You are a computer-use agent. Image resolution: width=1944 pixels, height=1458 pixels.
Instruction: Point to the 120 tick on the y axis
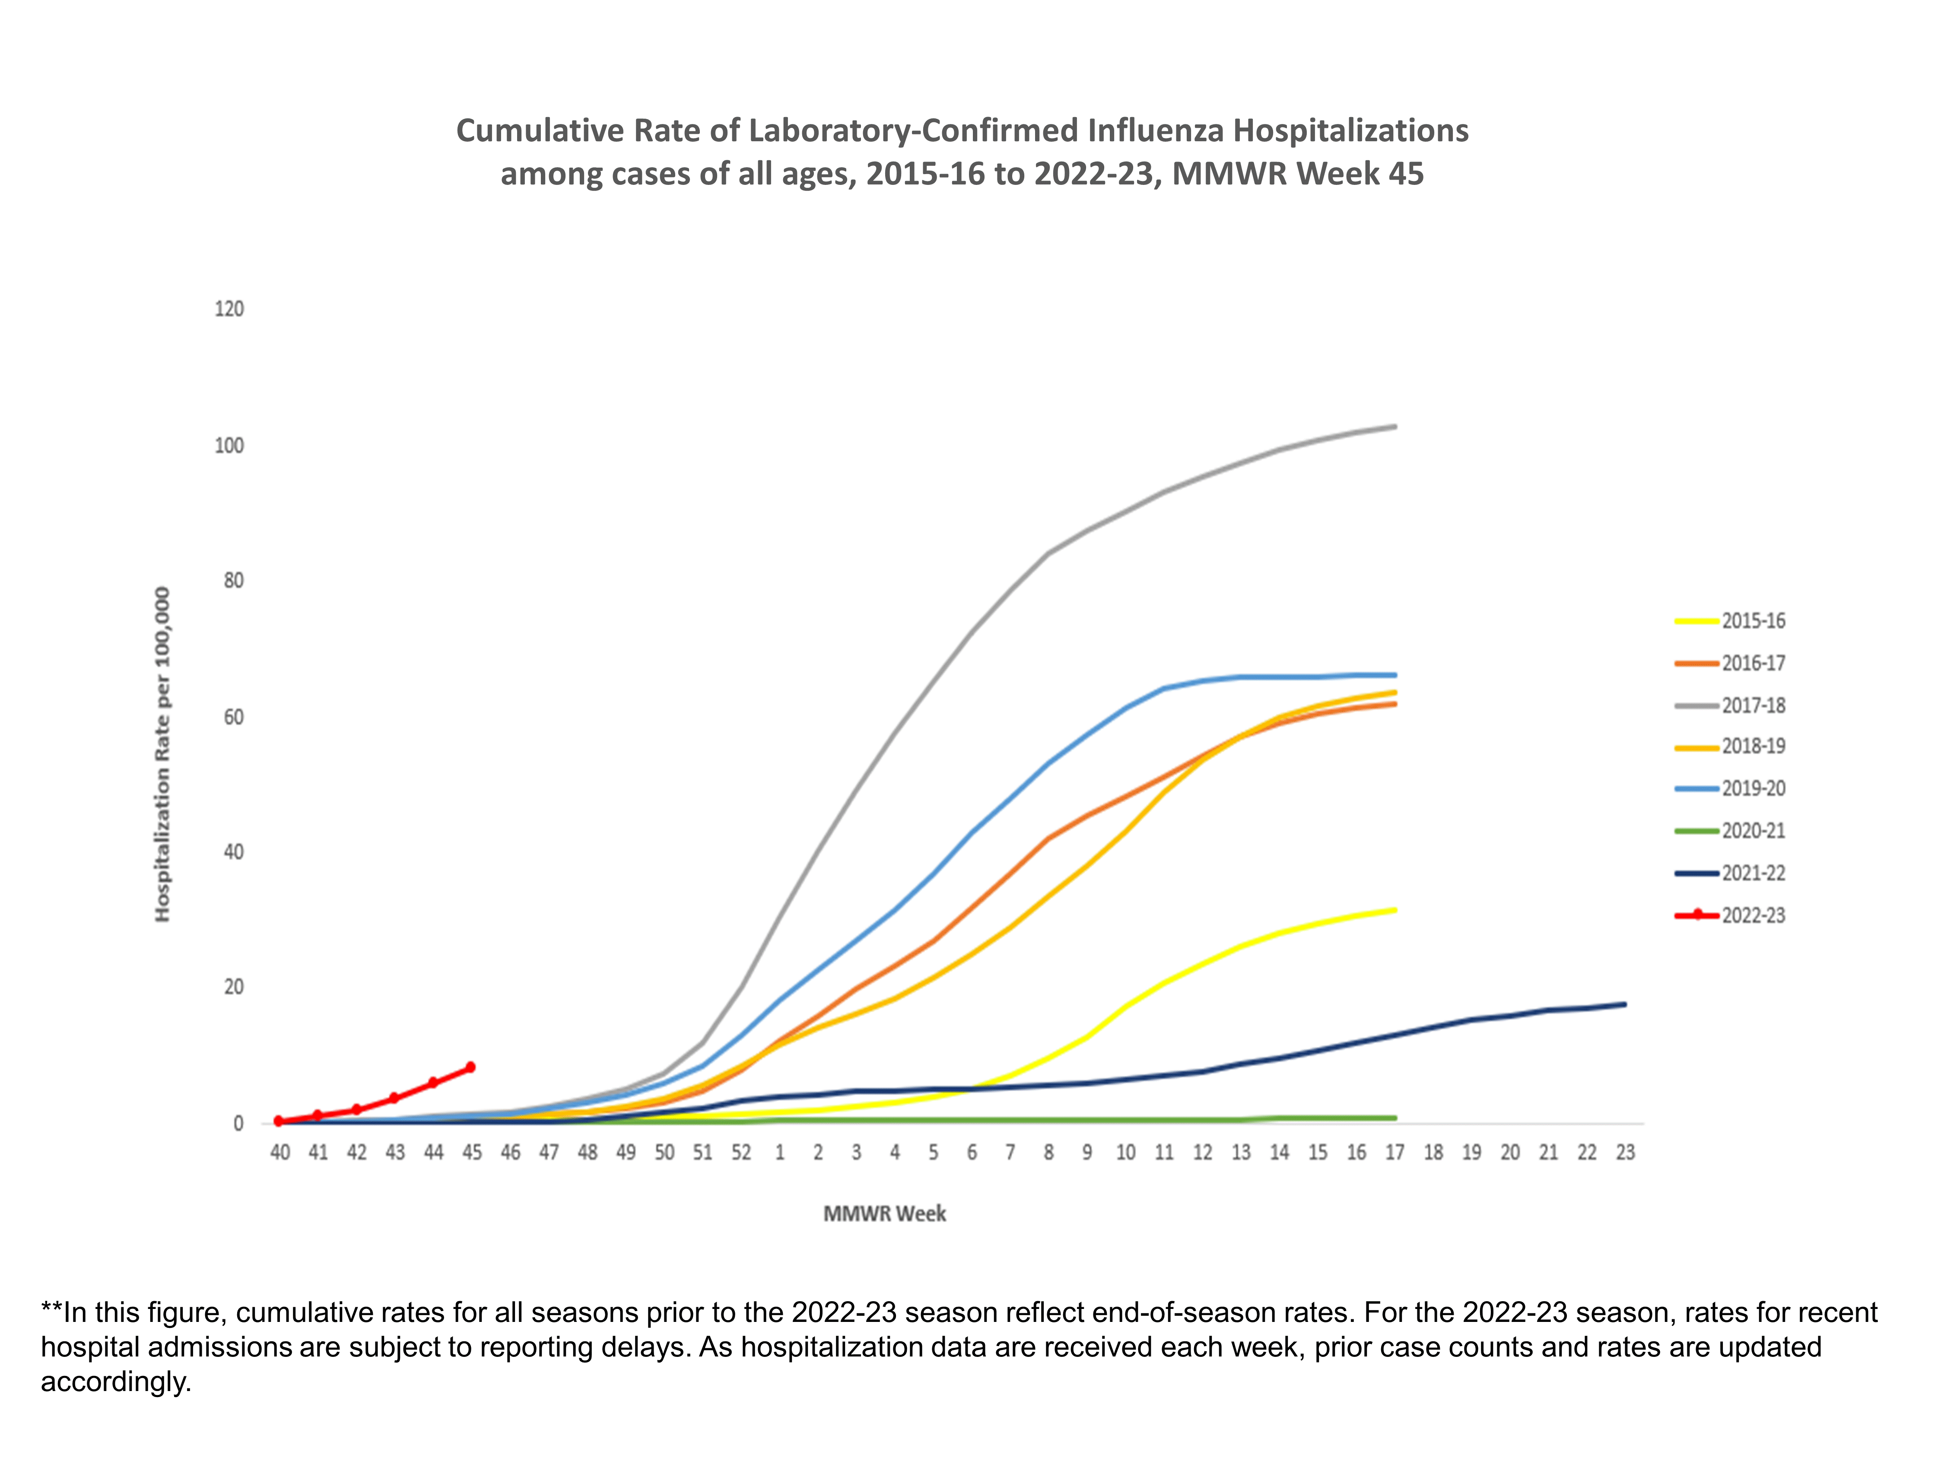(x=229, y=309)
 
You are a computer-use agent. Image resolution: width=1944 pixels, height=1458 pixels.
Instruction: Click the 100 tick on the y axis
(x=229, y=445)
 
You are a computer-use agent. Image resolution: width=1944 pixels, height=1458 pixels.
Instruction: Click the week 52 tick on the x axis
(x=741, y=1152)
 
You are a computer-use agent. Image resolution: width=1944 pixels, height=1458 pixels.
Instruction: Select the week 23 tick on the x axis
(x=1625, y=1152)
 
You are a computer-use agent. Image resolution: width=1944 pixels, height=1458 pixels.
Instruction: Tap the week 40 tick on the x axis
(x=280, y=1152)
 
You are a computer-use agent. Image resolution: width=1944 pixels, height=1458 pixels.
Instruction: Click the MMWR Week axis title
(x=884, y=1213)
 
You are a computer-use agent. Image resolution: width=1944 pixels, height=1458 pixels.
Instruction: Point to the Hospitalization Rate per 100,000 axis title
(x=162, y=754)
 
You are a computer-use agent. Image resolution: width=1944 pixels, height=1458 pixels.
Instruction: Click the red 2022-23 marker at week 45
(x=470, y=1067)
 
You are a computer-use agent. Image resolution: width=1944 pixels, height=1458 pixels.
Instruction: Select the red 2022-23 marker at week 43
(x=394, y=1098)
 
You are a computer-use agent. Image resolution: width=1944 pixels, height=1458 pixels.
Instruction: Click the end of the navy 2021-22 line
(x=1624, y=1004)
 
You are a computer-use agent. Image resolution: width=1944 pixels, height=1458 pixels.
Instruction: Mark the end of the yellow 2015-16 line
(x=1395, y=910)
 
